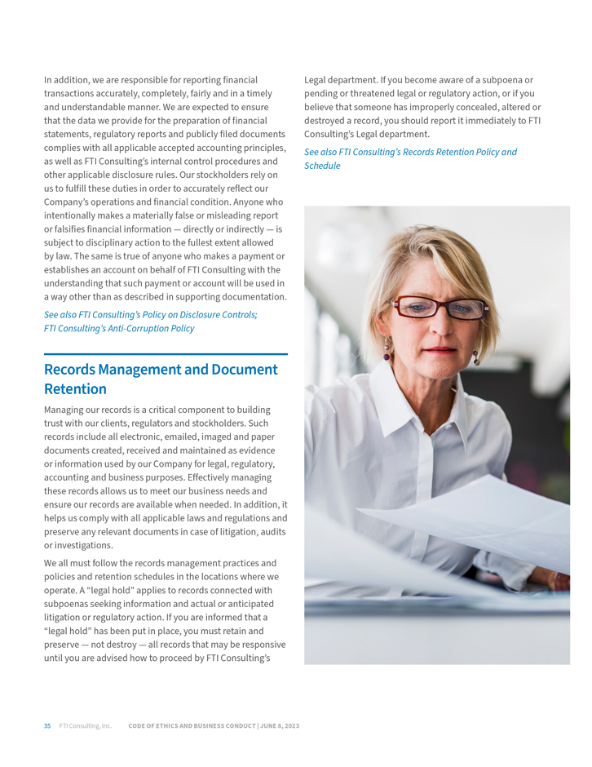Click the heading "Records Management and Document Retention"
[161, 379]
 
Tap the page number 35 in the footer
[47, 725]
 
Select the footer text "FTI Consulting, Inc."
[85, 725]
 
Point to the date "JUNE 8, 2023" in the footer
[280, 725]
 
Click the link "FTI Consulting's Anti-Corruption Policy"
[119, 328]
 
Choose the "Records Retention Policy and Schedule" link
[410, 158]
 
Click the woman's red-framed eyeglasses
[440, 308]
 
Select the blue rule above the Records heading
[166, 354]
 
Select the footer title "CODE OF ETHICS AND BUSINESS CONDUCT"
[192, 725]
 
